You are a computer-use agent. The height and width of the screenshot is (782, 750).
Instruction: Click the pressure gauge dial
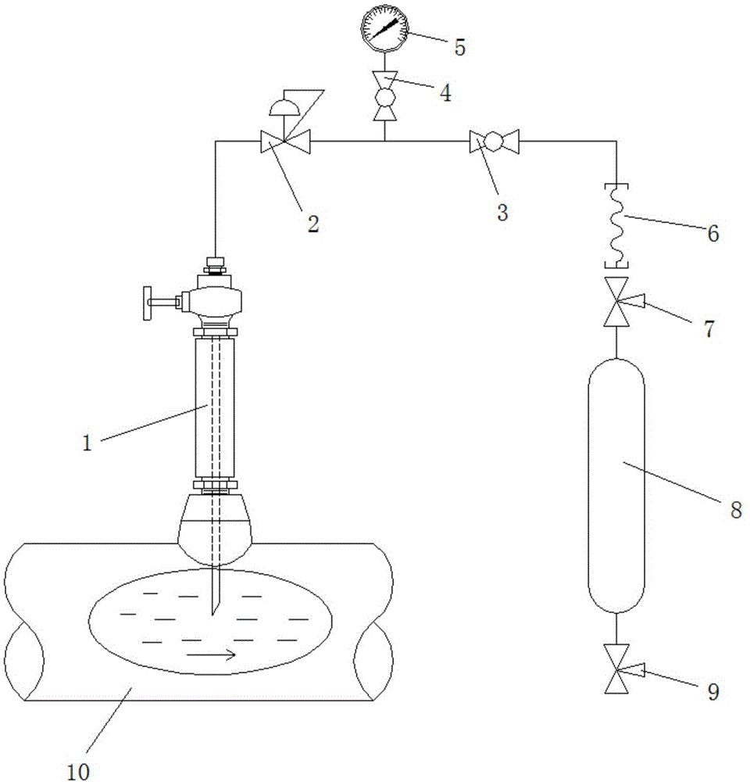[x=384, y=28]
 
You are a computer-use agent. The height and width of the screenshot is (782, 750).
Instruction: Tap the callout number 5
[x=459, y=47]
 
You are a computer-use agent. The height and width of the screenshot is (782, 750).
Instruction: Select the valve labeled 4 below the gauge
[x=384, y=96]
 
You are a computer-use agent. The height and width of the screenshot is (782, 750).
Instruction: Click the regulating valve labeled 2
[x=286, y=141]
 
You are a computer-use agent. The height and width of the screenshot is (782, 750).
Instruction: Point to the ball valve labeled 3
[x=495, y=141]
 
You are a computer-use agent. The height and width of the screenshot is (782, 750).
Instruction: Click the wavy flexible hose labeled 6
[x=616, y=226]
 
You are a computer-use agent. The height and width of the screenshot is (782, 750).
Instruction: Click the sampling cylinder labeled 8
[x=616, y=486]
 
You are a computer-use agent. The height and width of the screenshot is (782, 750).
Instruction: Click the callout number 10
[x=78, y=771]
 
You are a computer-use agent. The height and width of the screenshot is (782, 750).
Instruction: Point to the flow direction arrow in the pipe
[x=211, y=655]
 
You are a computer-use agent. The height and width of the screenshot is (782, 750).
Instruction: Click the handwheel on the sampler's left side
[x=148, y=303]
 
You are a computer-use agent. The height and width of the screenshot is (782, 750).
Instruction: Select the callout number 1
[x=87, y=443]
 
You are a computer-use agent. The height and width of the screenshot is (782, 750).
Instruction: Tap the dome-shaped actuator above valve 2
[x=283, y=107]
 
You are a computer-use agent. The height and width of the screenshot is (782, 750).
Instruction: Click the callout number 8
[x=736, y=510]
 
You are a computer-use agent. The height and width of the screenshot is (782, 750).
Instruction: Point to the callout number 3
[x=502, y=213]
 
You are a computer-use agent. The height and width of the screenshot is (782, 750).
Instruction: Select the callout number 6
[x=713, y=233]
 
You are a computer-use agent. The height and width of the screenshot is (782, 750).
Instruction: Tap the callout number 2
[x=313, y=224]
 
